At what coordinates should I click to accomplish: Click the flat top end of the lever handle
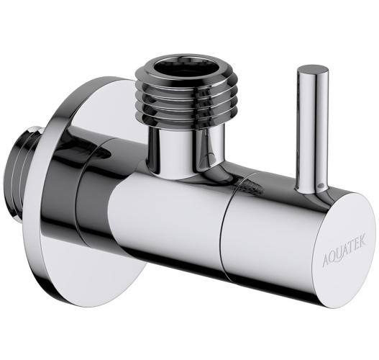click(x=313, y=70)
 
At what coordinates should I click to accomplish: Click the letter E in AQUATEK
click(x=355, y=244)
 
